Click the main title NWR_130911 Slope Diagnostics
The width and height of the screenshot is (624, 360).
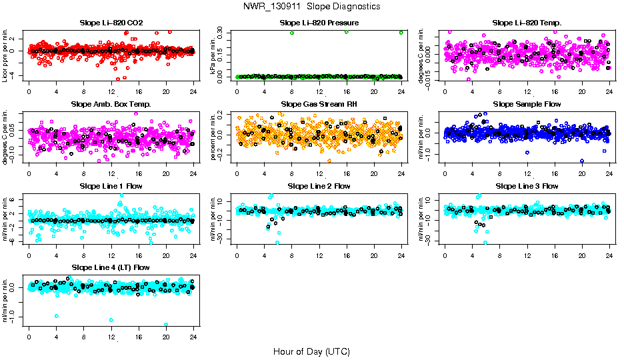(312, 6)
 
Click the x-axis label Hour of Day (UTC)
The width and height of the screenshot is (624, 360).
(311, 351)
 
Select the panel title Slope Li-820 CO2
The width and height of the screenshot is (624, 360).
(111, 23)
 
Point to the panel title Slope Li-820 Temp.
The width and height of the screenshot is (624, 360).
(527, 23)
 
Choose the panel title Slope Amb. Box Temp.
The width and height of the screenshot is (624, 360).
(111, 104)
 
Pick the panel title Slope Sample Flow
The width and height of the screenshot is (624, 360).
(527, 104)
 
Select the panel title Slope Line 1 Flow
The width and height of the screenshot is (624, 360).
(111, 186)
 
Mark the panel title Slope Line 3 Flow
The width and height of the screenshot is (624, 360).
(527, 186)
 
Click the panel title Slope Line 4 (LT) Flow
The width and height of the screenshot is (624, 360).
(111, 267)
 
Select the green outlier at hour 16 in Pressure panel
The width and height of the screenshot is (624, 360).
(347, 32)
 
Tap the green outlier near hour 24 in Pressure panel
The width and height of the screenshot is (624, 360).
(401, 32)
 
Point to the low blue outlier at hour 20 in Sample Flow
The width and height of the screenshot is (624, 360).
(582, 161)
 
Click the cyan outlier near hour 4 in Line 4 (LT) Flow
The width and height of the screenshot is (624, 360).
(57, 316)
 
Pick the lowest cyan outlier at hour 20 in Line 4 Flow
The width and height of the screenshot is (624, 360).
(166, 325)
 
